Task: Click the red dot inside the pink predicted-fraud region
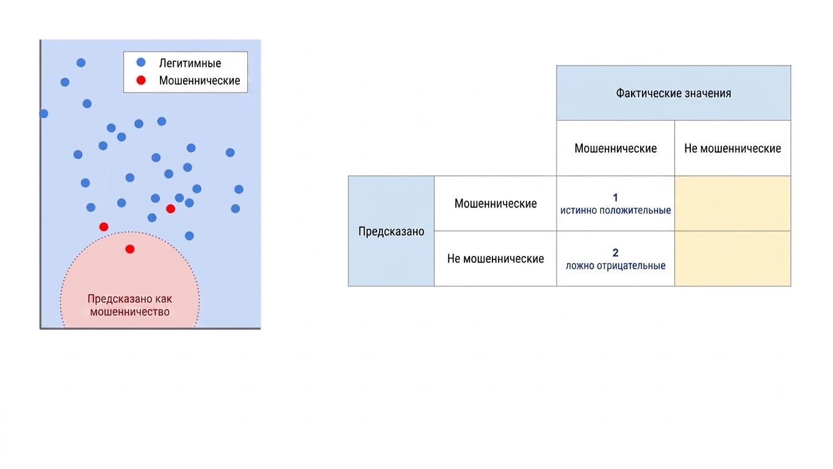point(130,249)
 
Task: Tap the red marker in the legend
point(141,80)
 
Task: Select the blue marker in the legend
point(141,62)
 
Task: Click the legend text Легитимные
point(190,64)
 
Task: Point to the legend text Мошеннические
point(200,81)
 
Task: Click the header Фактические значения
point(674,93)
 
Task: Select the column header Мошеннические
point(616,148)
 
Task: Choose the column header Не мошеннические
point(732,148)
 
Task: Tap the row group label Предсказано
point(391,231)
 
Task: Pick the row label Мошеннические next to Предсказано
point(496,203)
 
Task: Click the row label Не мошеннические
point(496,258)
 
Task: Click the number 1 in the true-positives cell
point(616,197)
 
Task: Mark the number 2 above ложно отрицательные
point(616,253)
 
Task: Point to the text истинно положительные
point(616,210)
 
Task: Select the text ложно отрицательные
point(616,266)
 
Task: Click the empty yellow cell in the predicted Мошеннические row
point(732,203)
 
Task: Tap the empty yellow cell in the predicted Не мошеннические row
point(732,259)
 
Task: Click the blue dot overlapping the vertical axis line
point(43,114)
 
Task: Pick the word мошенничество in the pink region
point(130,311)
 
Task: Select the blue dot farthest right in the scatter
point(239,189)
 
